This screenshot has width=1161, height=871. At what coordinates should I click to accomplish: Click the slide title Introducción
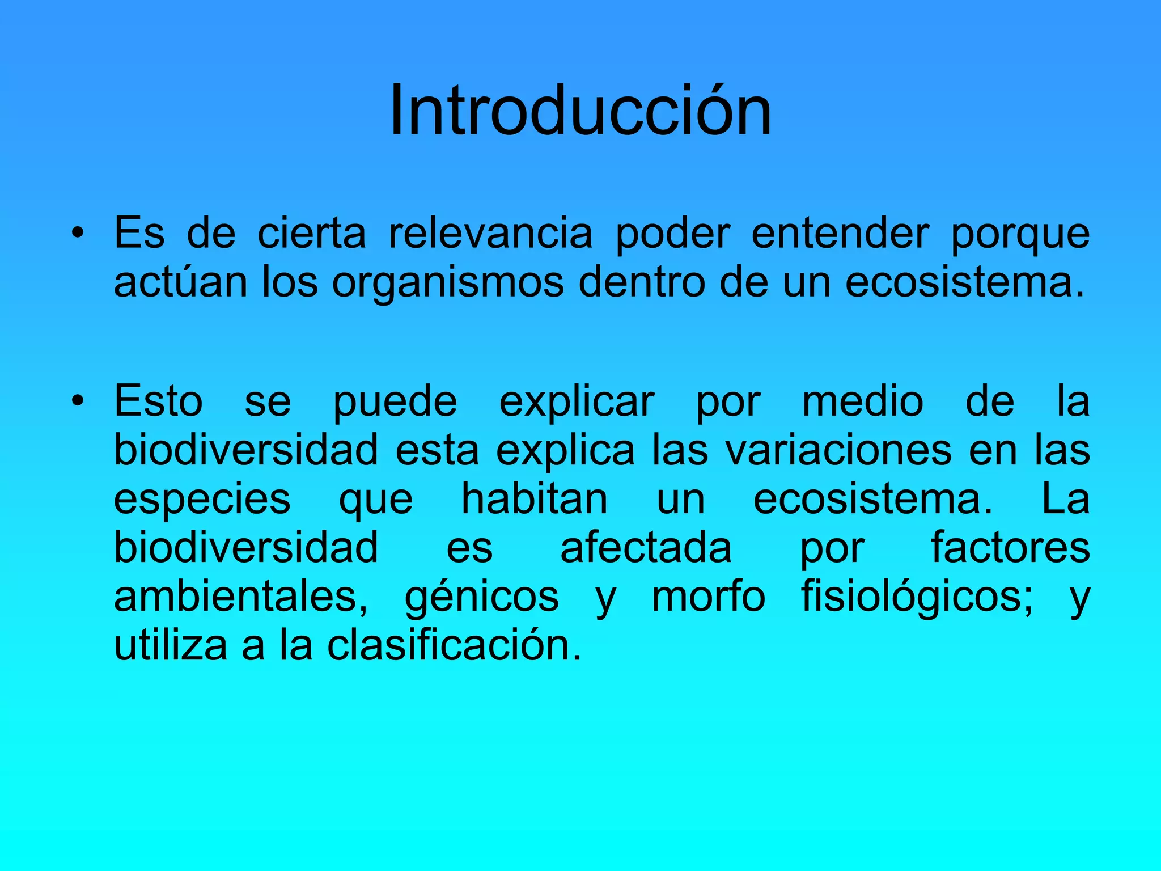580,111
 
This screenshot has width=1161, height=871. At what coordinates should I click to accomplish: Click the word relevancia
490,233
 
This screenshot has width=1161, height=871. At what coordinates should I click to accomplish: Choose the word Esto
158,401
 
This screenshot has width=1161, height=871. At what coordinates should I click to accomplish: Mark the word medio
863,401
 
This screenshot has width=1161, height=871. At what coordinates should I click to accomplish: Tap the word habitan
535,499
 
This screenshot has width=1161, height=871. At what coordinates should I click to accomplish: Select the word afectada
646,548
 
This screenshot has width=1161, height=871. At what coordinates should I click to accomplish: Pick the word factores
1010,548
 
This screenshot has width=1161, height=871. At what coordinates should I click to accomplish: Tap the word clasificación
454,645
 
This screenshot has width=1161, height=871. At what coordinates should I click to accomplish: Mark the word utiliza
171,645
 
